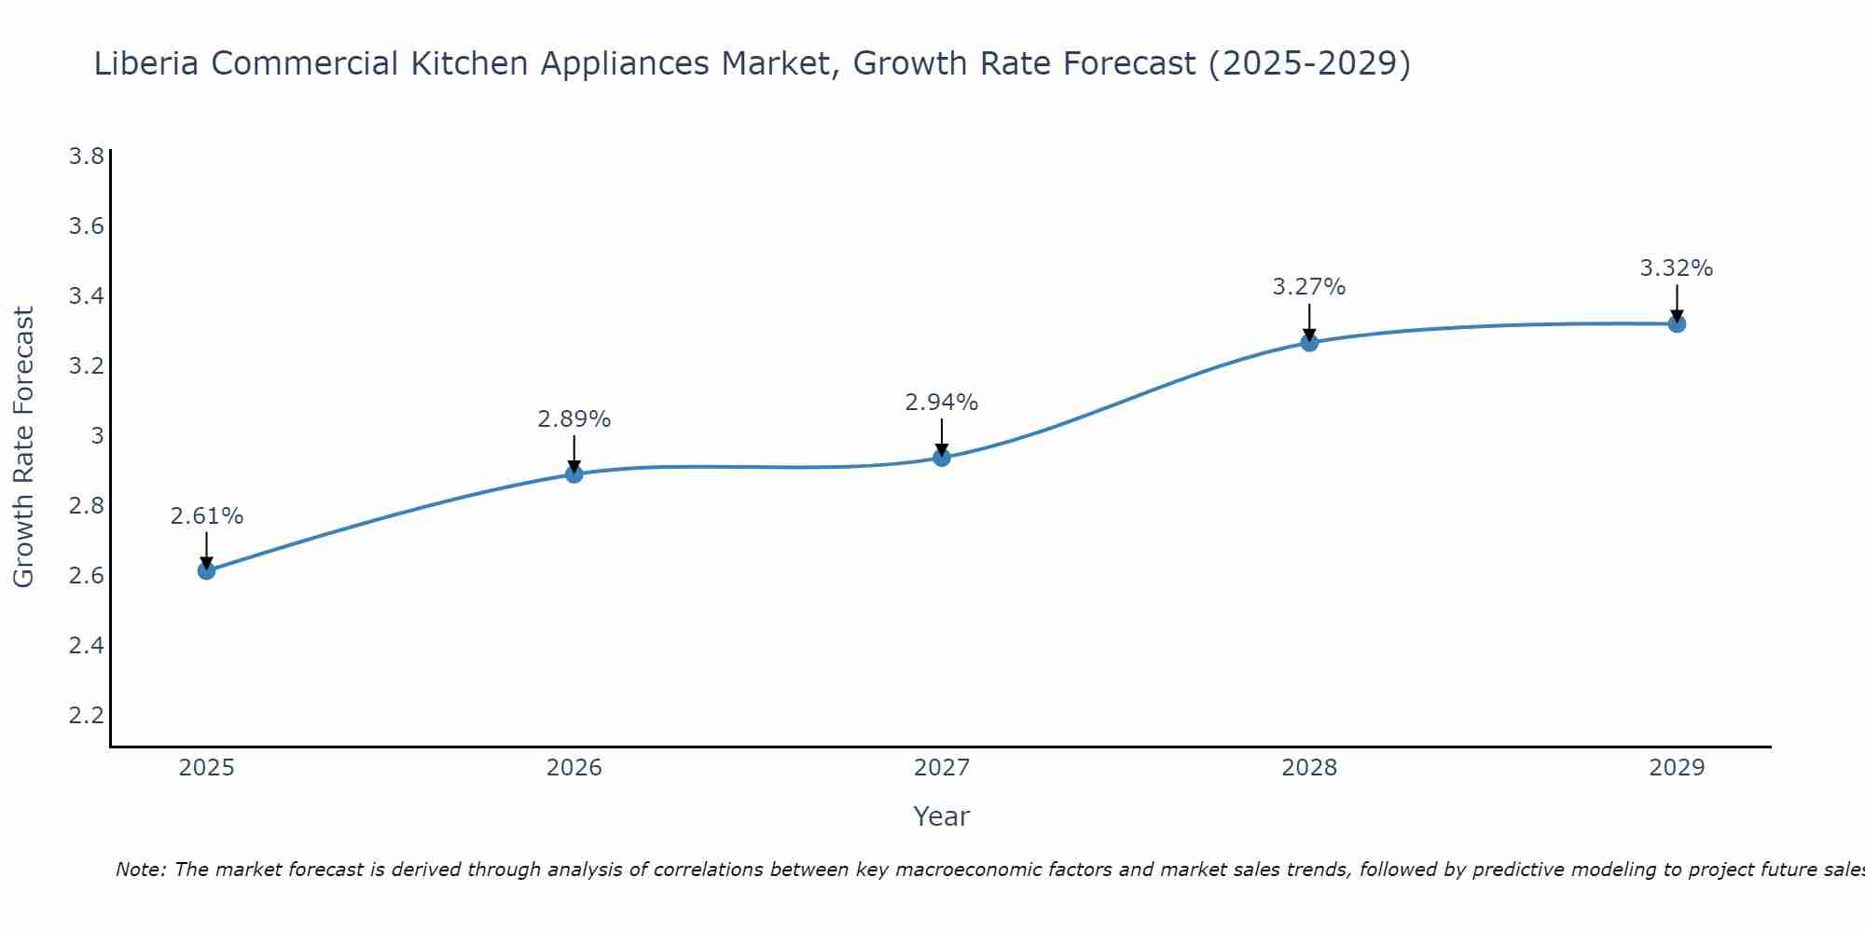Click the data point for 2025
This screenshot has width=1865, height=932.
(207, 570)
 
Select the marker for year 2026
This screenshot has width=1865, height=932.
(574, 474)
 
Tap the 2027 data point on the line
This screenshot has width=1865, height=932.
(942, 458)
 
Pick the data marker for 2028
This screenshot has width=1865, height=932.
(1309, 342)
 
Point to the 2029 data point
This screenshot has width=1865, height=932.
(1677, 324)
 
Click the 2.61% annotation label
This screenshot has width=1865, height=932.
(207, 516)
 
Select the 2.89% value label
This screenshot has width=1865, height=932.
(574, 419)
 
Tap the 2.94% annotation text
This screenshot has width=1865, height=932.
(942, 403)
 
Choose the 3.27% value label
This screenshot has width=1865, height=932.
(1309, 287)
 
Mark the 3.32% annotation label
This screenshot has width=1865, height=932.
(1677, 268)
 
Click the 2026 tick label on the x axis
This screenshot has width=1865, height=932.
(574, 768)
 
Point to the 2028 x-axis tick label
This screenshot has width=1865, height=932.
(1309, 768)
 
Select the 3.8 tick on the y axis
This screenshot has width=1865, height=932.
(87, 156)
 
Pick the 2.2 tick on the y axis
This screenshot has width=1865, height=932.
(87, 715)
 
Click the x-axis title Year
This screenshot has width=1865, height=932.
(942, 816)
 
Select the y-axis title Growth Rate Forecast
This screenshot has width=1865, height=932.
(24, 447)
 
